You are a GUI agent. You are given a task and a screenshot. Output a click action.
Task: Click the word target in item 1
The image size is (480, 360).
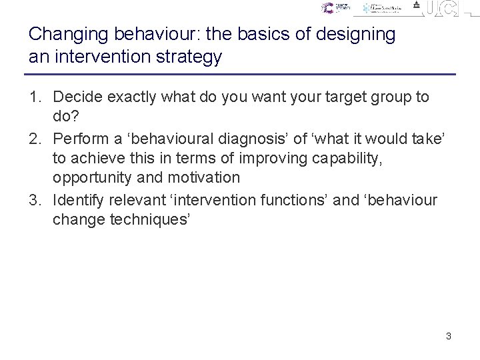pyautogui.click(x=317, y=97)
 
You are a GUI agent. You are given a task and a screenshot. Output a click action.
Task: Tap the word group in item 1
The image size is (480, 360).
pyautogui.click(x=377, y=97)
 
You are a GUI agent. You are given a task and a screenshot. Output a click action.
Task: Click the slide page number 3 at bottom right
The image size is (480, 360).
pyautogui.click(x=449, y=336)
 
